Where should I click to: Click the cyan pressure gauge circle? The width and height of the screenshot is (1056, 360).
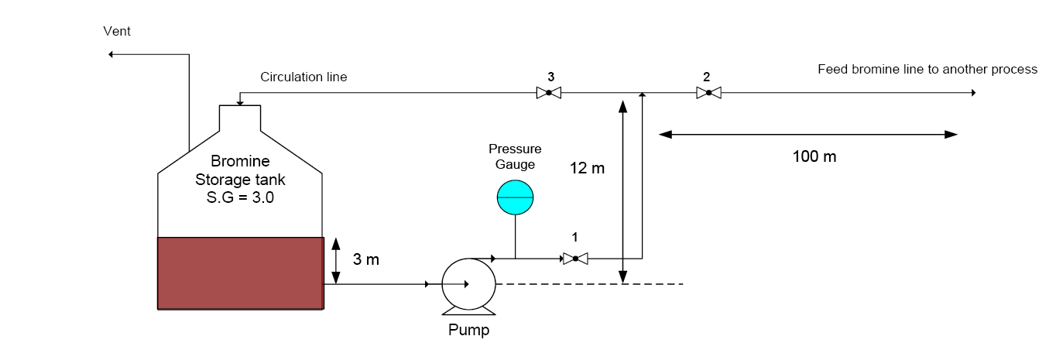515,197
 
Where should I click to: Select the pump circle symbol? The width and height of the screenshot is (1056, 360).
468,284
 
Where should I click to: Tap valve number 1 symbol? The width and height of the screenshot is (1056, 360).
575,258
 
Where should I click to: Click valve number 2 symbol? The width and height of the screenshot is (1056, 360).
708,93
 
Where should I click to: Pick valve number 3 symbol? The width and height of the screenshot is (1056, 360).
548,93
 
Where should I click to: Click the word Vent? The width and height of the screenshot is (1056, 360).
117,31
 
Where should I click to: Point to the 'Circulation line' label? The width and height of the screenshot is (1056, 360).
303,77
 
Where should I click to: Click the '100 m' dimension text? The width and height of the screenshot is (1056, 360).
814,156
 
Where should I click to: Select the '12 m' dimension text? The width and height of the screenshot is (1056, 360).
588,167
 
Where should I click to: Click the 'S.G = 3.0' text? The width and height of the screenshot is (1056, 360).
240,197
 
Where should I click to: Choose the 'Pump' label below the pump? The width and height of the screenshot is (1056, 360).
469,331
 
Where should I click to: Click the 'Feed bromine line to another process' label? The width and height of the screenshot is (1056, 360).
927,70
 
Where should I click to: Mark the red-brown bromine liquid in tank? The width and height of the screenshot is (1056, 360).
240,273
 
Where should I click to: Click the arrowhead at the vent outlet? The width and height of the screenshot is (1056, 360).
112,54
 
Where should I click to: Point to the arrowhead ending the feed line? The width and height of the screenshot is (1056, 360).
973,93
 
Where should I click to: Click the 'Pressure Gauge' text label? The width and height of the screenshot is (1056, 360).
515,156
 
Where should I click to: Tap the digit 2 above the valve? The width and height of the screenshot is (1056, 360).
707,77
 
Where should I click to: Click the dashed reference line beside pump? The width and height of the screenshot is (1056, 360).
588,284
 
